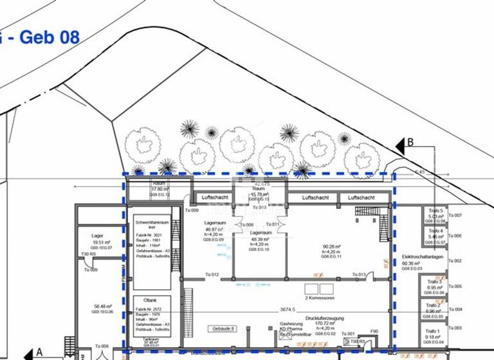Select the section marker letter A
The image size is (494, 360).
[39, 352]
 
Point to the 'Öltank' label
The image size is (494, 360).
[152, 301]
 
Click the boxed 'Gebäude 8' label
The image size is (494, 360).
[223, 328]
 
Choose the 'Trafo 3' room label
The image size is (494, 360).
[435, 282]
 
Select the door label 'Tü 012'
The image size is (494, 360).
[212, 274]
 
